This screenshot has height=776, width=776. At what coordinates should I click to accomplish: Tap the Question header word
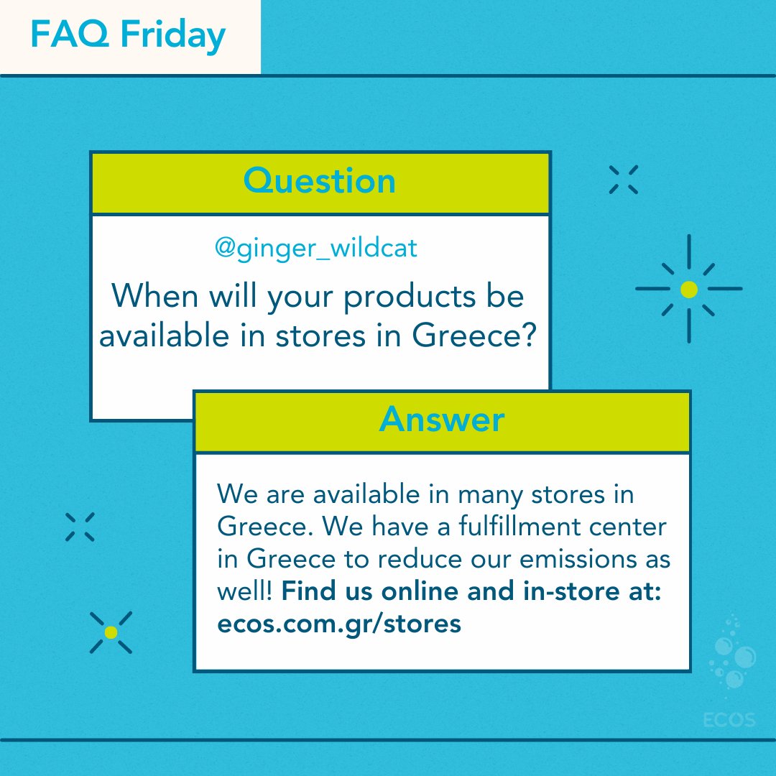[x=319, y=181]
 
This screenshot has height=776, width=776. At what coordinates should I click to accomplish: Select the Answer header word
[x=441, y=420]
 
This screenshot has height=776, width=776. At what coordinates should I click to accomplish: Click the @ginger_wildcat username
[x=315, y=249]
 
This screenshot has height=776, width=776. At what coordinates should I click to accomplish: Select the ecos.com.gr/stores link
[x=338, y=623]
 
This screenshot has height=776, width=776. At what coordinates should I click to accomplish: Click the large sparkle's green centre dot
[x=688, y=290]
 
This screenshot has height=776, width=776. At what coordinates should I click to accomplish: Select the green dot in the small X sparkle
[x=111, y=632]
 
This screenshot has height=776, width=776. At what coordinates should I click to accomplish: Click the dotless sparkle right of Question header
[x=623, y=180]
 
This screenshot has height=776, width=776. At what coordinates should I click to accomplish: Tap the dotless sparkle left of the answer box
[x=80, y=527]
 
